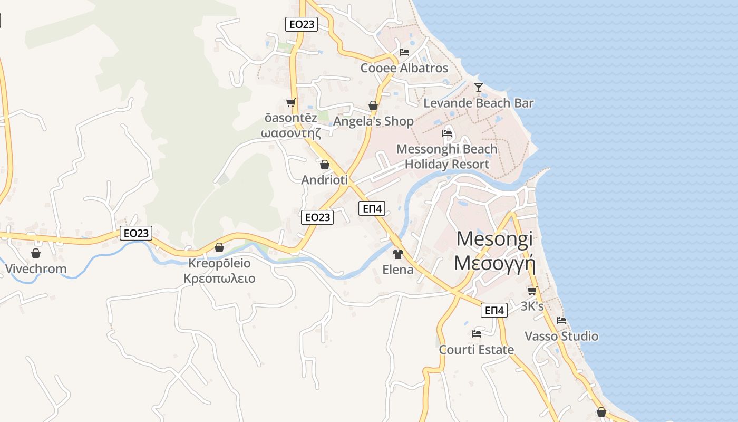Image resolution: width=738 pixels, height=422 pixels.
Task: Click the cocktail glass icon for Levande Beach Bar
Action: tap(478, 87)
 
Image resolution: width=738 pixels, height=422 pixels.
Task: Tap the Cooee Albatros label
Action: tap(404, 68)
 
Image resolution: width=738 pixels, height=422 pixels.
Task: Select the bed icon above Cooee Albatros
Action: tap(404, 52)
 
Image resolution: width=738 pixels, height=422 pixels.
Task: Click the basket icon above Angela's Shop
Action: tap(373, 105)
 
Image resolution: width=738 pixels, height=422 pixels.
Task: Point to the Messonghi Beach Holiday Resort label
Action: tap(447, 157)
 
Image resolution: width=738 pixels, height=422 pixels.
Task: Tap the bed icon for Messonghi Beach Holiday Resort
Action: tap(447, 133)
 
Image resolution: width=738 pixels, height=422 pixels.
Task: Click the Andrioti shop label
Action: tap(325, 180)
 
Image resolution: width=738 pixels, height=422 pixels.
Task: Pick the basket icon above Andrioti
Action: tap(325, 165)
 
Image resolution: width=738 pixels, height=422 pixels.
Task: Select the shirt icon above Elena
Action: tap(398, 254)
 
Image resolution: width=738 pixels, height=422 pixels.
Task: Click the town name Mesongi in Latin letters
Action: tap(494, 238)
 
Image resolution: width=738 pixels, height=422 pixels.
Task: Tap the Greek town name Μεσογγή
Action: tap(494, 262)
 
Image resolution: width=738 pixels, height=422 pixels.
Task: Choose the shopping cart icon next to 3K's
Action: tap(532, 291)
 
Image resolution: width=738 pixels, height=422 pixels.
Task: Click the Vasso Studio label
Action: tap(561, 337)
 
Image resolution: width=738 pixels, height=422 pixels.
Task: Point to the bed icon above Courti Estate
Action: tap(477, 333)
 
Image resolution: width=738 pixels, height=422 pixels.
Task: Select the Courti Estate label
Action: tap(477, 350)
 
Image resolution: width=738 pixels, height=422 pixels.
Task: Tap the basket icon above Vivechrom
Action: tap(36, 253)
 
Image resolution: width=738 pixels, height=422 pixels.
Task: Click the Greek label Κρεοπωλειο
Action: tap(219, 279)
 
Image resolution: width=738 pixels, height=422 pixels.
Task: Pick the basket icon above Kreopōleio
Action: tap(219, 247)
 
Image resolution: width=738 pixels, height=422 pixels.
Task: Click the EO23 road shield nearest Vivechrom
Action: tap(136, 233)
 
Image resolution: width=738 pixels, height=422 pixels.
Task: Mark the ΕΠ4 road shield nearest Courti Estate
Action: tap(494, 310)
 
